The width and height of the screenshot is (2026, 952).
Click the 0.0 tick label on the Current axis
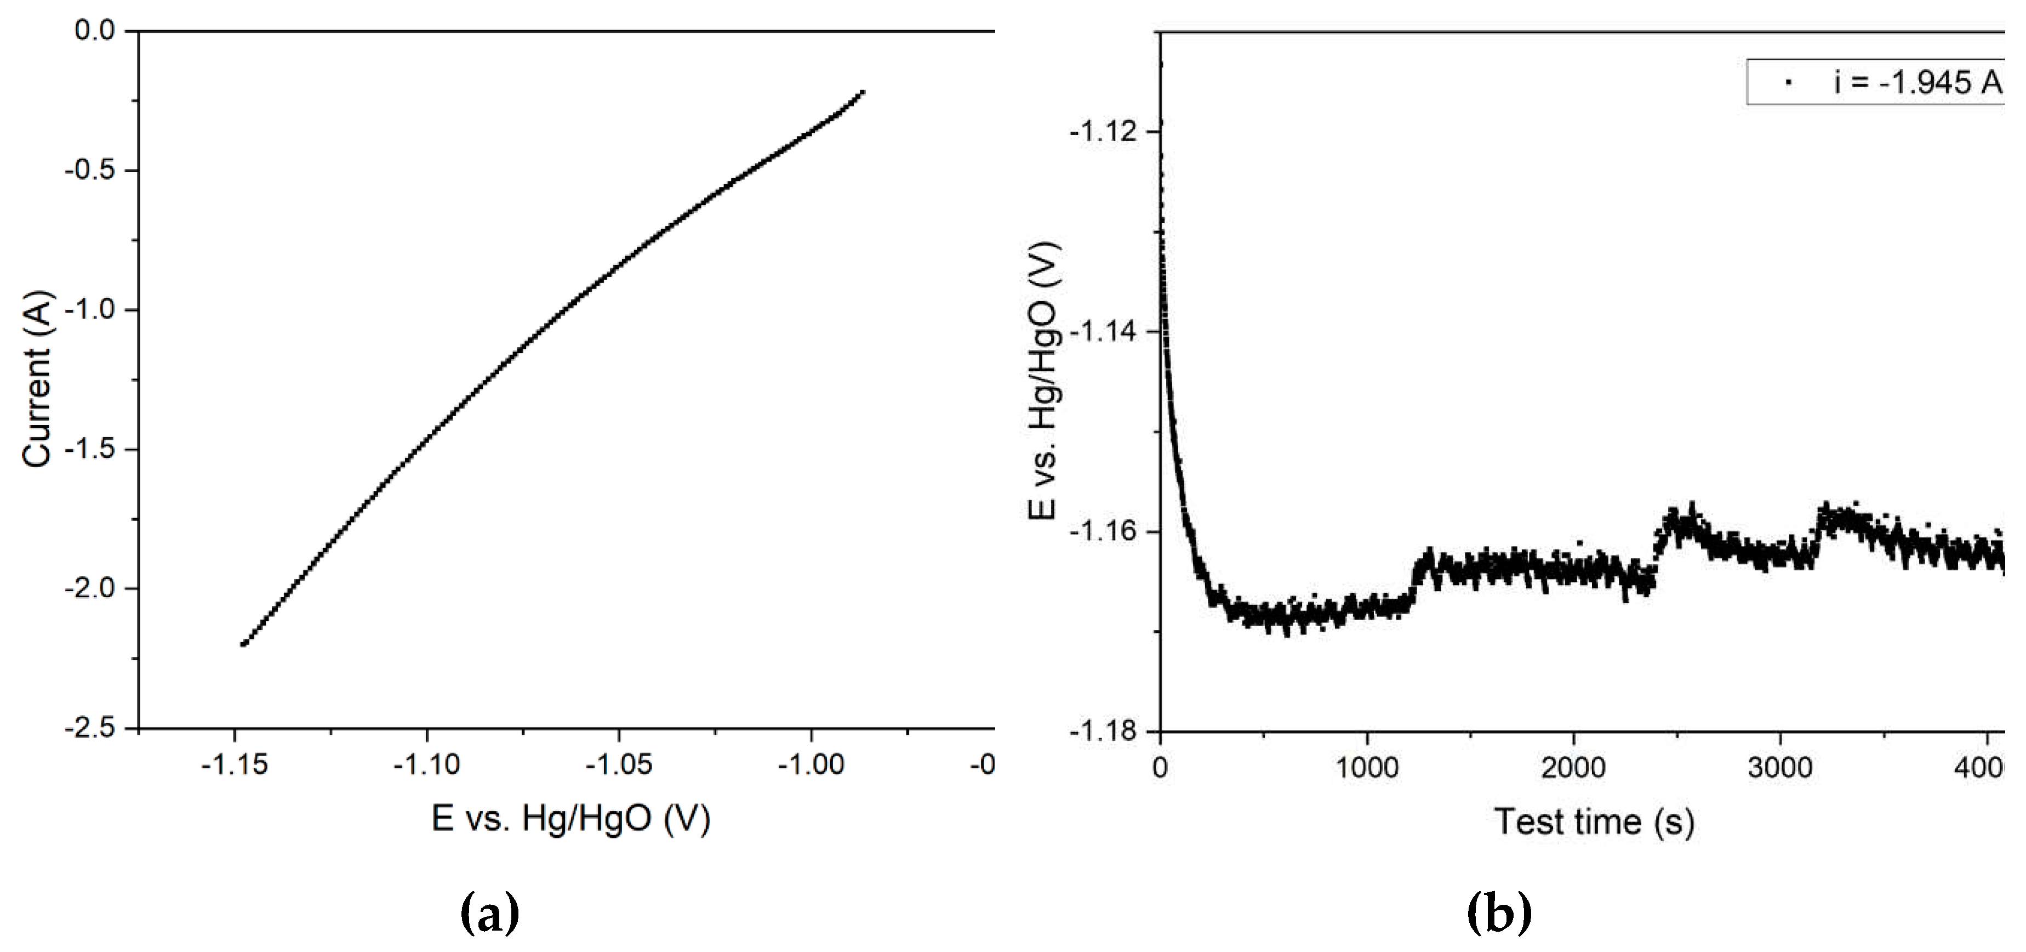(94, 31)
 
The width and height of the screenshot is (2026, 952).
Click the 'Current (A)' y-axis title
(36, 380)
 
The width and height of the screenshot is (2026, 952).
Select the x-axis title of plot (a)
(571, 819)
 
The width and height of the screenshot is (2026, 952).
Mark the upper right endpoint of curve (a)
(863, 93)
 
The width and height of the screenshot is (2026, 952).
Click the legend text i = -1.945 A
(1917, 82)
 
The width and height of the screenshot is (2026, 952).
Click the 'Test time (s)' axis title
(1594, 822)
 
